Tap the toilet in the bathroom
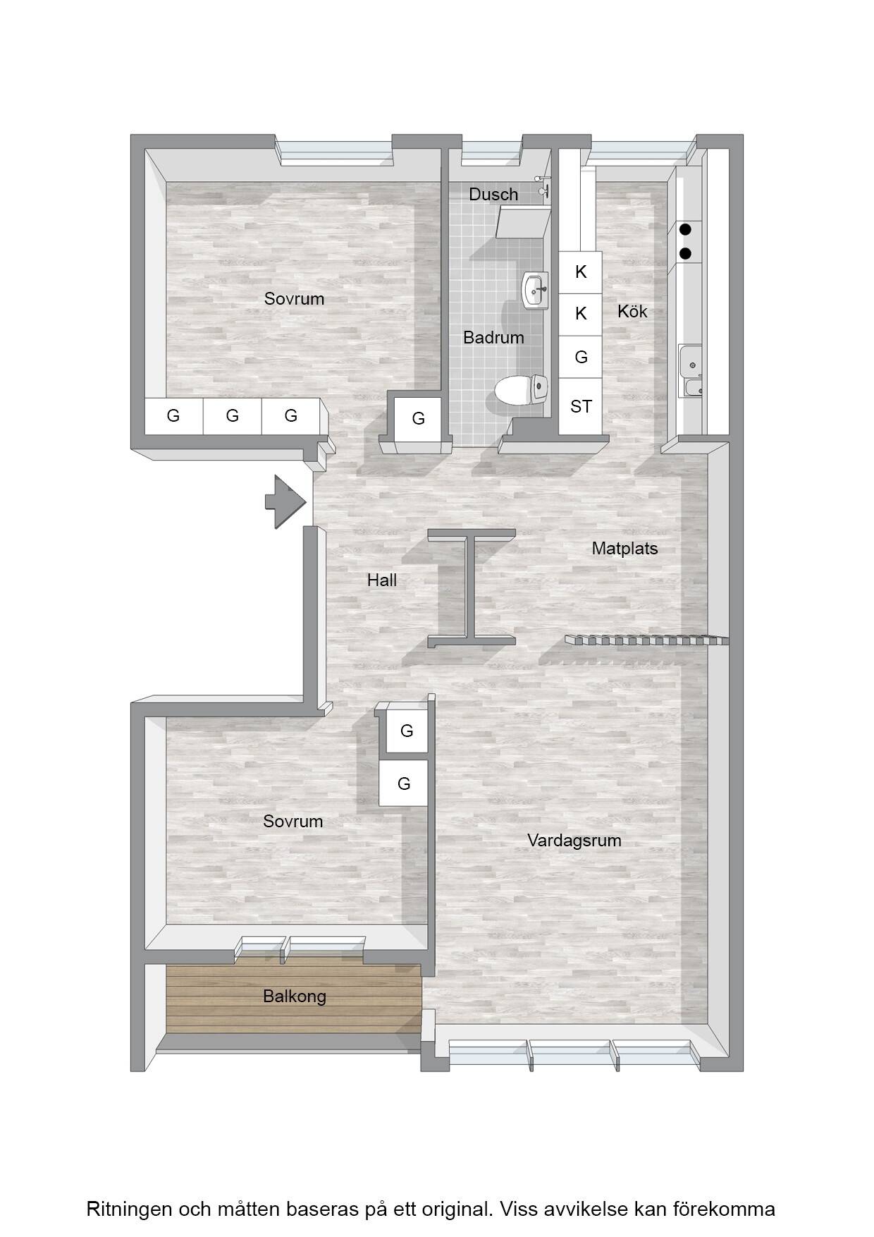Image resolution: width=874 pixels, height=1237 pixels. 522,389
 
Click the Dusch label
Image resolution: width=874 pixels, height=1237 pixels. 493,194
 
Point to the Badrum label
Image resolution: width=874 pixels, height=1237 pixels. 493,338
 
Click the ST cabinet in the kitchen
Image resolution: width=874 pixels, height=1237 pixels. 581,406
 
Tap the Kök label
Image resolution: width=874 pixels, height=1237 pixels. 632,311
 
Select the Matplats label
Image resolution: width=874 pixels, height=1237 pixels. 624,549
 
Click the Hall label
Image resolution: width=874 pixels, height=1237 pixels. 382,580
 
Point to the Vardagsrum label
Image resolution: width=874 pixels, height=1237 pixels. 574,840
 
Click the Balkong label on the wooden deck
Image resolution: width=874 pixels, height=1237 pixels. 295,997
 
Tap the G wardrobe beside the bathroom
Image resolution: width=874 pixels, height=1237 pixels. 418,419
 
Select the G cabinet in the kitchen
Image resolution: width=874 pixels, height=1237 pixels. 581,357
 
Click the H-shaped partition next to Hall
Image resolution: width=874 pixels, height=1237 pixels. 472,587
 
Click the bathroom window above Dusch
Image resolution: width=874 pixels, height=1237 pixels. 492,152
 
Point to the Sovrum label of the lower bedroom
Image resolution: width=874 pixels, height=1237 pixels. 293,822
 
